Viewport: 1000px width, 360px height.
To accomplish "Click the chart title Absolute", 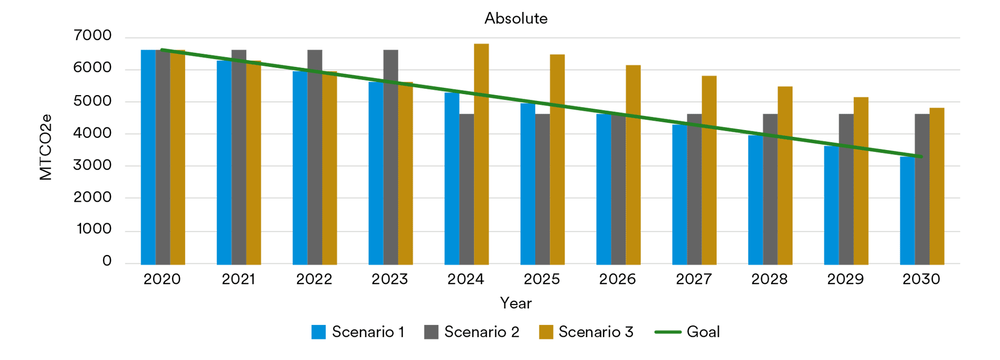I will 515,18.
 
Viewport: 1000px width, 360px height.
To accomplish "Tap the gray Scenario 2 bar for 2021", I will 239,157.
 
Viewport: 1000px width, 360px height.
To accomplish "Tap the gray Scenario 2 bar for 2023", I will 390,157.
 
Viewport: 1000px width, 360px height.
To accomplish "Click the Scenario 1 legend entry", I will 358,332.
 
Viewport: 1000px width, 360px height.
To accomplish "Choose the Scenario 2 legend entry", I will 472,332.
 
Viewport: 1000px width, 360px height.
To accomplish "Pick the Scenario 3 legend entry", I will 586,332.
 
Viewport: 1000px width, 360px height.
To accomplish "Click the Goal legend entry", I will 687,332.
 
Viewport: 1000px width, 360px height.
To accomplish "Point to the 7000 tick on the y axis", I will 93,36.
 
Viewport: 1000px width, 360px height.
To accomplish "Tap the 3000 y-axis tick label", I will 93,165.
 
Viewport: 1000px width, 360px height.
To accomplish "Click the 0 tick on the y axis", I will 107,261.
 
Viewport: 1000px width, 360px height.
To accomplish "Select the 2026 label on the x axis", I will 617,279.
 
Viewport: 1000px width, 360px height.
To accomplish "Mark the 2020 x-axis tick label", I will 162,279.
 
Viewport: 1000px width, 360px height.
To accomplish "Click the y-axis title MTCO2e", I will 46,147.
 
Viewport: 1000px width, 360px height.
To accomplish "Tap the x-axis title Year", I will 515,303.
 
